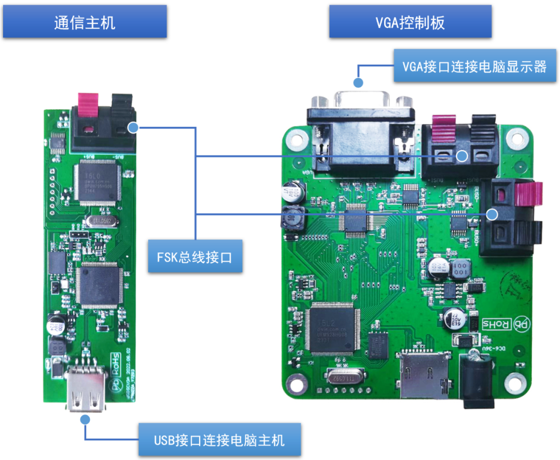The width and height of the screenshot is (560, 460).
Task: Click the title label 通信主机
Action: [x=85, y=22]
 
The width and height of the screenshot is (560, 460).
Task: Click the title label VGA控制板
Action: [x=410, y=22]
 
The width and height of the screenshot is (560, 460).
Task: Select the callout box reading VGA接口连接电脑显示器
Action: [x=474, y=66]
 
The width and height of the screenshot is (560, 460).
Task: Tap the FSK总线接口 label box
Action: [x=195, y=256]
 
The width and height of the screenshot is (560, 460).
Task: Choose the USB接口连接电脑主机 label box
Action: [x=219, y=440]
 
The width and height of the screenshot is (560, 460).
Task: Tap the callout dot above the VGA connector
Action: [x=357, y=82]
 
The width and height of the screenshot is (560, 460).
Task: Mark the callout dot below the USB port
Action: [x=85, y=419]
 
